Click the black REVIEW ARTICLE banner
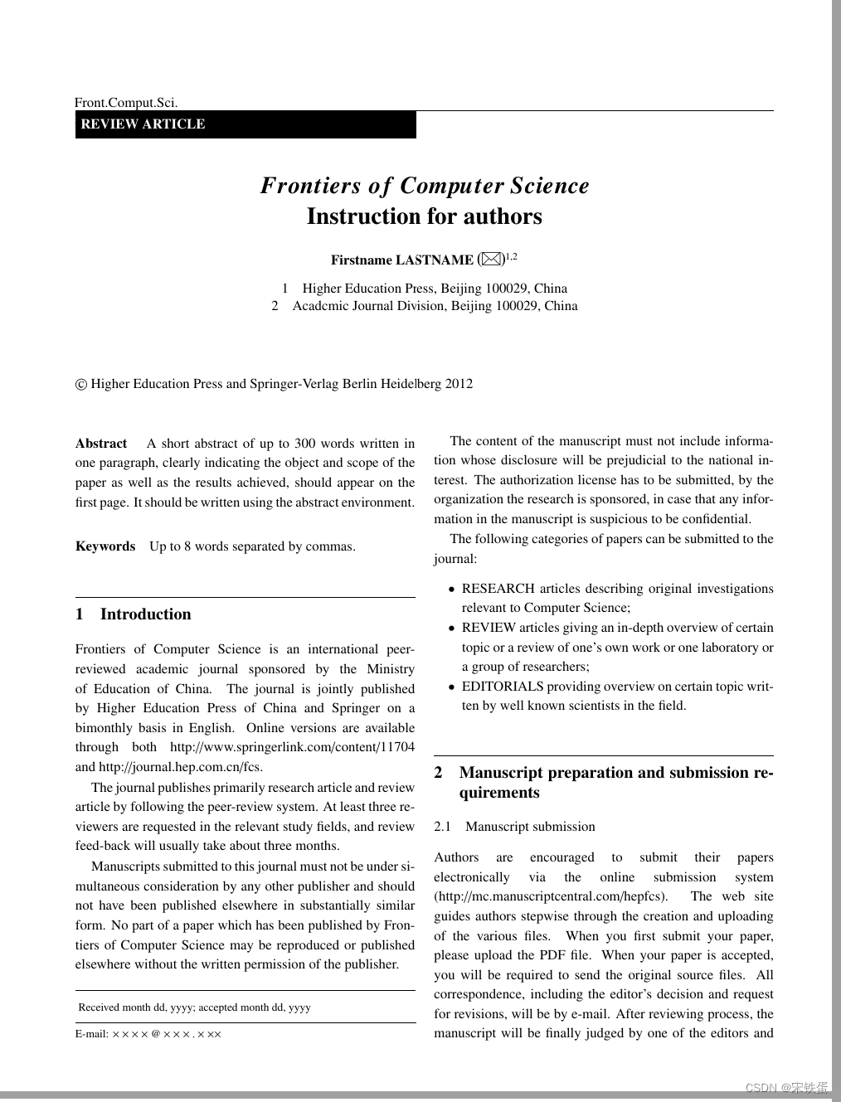click(245, 124)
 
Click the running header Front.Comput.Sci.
click(126, 103)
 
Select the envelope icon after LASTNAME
click(491, 260)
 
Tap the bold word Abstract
click(101, 444)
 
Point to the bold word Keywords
click(105, 546)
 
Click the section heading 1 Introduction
click(134, 614)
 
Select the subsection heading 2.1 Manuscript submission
click(514, 827)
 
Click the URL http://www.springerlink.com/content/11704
click(292, 747)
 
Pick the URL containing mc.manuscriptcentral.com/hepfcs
click(550, 896)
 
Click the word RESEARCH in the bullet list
click(498, 589)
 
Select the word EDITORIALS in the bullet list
click(503, 687)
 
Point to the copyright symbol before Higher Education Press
click(81, 384)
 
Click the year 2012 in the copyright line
click(459, 384)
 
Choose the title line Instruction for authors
click(424, 216)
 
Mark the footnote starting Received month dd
click(194, 1007)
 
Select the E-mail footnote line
click(148, 1034)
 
